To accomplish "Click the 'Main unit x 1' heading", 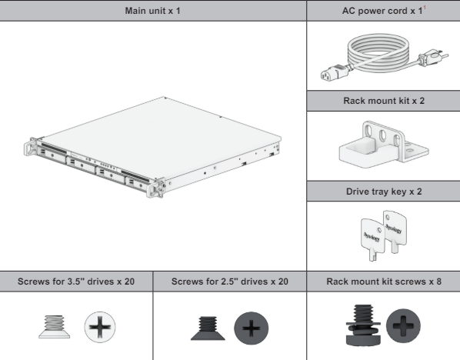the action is coord(152,11).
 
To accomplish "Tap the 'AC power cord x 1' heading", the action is coord(382,11).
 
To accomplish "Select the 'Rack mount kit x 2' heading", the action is coord(384,101).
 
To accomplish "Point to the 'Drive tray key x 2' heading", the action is coord(384,192).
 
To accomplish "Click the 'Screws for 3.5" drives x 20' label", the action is coord(76,282).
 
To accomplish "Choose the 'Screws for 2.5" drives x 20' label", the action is coord(230,282).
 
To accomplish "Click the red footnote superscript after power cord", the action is coord(425,8).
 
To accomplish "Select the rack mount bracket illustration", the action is coord(384,145).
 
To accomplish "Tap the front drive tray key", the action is coord(372,238).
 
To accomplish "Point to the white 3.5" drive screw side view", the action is coord(55,327).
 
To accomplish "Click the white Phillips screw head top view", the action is coord(100,327).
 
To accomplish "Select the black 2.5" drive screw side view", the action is coord(208,328).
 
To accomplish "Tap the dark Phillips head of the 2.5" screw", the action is coord(251,328).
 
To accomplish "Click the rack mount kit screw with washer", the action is coord(363,325).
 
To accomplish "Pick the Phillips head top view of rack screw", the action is coord(403,325).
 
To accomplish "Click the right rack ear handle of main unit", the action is coord(155,188).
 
